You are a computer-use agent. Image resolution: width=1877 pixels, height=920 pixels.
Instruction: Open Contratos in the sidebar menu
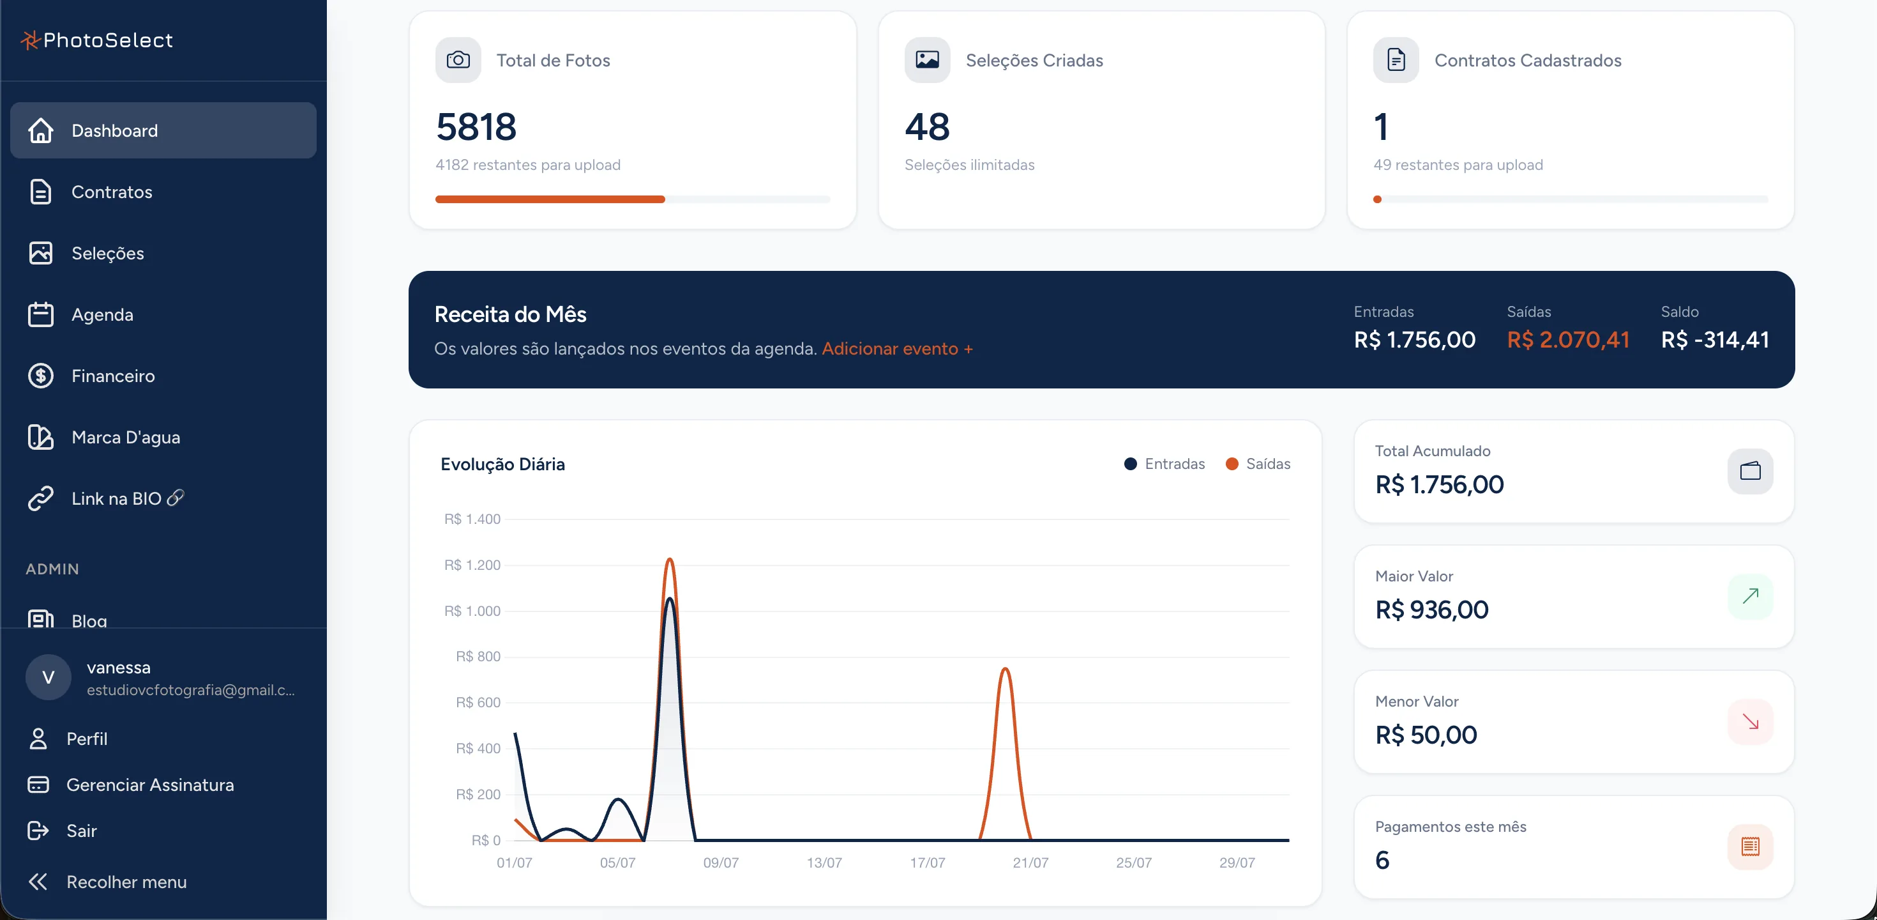112,192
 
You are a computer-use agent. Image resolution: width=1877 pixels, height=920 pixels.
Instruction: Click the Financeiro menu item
113,376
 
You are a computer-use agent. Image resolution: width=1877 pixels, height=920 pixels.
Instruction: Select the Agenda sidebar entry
102,314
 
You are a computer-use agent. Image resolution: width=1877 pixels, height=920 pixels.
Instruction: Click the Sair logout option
81,831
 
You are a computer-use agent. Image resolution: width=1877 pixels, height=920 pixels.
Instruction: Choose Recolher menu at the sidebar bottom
126,882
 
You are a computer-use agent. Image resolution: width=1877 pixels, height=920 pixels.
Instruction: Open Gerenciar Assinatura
150,785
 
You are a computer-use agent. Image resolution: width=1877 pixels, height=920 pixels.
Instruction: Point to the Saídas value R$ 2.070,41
1568,339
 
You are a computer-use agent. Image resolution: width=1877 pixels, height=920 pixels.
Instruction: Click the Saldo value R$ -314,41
1715,339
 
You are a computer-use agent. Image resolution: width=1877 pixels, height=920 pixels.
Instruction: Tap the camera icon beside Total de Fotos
458,60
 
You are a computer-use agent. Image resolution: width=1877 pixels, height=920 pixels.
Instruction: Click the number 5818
476,127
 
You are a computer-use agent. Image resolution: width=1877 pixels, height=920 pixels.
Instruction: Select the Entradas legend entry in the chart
1165,464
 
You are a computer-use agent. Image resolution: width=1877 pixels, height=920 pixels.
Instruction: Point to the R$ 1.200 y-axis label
472,565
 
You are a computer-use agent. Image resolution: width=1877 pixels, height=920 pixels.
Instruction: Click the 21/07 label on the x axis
1030,862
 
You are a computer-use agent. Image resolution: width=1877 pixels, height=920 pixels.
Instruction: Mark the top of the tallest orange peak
669,558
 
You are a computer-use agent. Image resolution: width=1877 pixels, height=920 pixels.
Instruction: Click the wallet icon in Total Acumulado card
1750,471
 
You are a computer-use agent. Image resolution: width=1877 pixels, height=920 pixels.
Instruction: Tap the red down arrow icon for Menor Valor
1750,722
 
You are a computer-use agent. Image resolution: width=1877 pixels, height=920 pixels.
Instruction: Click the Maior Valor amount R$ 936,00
1432,609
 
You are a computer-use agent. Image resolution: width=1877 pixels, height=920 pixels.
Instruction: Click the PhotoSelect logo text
108,40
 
